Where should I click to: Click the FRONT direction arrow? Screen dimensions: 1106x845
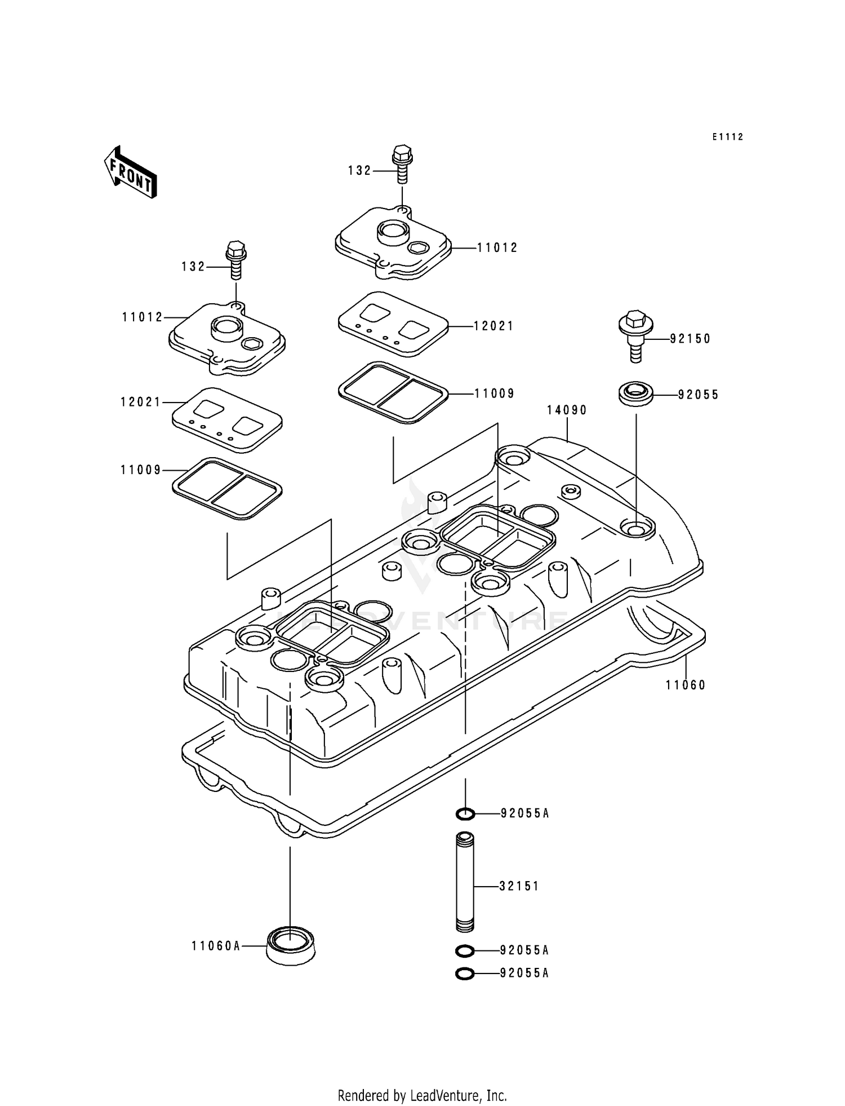pyautogui.click(x=130, y=172)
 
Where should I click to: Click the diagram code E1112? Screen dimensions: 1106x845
pyautogui.click(x=727, y=137)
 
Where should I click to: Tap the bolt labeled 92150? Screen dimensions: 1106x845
pyautogui.click(x=635, y=335)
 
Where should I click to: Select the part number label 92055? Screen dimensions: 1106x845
pyautogui.click(x=698, y=395)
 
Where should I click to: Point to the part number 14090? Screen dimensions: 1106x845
pyautogui.click(x=567, y=410)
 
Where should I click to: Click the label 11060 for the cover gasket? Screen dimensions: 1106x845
pyautogui.click(x=685, y=685)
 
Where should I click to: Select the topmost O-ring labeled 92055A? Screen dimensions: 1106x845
pyautogui.click(x=465, y=813)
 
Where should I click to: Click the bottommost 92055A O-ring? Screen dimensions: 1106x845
pyautogui.click(x=465, y=974)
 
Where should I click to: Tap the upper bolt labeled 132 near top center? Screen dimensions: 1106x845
pyautogui.click(x=402, y=163)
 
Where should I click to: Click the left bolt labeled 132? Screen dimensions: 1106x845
pyautogui.click(x=236, y=259)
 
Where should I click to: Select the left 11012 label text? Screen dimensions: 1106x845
pyautogui.click(x=143, y=317)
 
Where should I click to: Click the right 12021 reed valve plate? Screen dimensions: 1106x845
pyautogui.click(x=393, y=324)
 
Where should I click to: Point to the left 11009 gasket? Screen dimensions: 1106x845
pyautogui.click(x=227, y=488)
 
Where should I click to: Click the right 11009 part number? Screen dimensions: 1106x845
pyautogui.click(x=494, y=393)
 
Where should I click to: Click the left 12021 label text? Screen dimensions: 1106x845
pyautogui.click(x=140, y=402)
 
